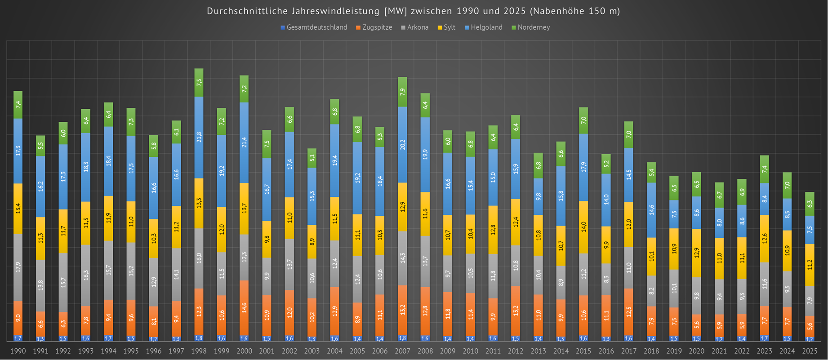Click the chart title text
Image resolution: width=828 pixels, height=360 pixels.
point(413,11)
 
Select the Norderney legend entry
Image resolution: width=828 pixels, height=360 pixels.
point(533,27)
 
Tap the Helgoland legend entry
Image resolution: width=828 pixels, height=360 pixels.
point(486,27)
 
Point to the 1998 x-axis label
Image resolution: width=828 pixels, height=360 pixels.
point(199,351)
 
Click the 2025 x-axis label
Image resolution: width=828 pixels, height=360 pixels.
point(810,351)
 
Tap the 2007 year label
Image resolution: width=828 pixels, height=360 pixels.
point(402,351)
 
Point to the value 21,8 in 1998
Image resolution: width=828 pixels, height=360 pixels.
point(199,137)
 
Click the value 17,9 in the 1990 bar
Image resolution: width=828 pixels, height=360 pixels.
point(18,267)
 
